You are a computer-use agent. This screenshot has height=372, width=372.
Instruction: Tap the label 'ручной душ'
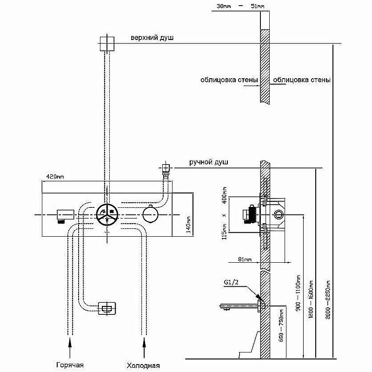click(x=208, y=162)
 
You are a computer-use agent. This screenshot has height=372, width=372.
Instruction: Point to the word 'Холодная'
click(x=143, y=365)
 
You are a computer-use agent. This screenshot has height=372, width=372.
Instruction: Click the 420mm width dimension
click(x=54, y=177)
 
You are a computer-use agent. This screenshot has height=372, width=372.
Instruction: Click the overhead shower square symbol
click(x=107, y=44)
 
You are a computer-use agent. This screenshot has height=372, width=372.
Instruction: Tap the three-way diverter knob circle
click(x=107, y=215)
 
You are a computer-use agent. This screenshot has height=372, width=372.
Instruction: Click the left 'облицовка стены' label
click(x=229, y=80)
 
